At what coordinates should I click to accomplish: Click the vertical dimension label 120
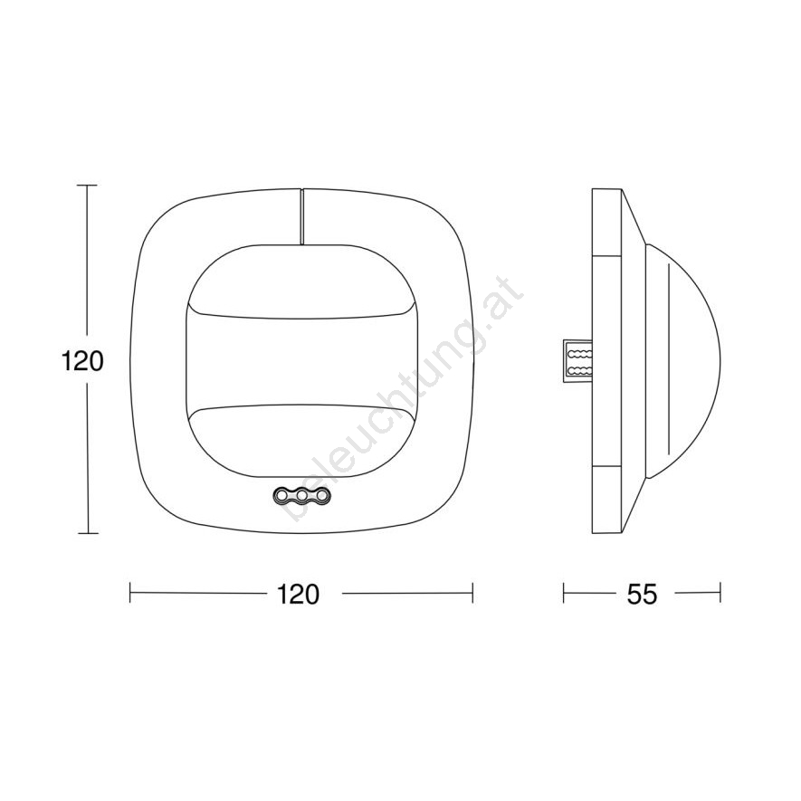(82, 361)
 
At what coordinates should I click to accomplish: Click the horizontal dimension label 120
(298, 594)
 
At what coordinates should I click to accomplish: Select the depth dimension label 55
(642, 594)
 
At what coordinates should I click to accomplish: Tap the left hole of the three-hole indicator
(282, 495)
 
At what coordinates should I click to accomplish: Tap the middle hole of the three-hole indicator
(302, 495)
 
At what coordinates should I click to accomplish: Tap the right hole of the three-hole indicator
(322, 495)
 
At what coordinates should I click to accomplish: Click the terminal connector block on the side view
(577, 361)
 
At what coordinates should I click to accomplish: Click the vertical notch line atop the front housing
(301, 216)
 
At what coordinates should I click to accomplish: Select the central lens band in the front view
(302, 361)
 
